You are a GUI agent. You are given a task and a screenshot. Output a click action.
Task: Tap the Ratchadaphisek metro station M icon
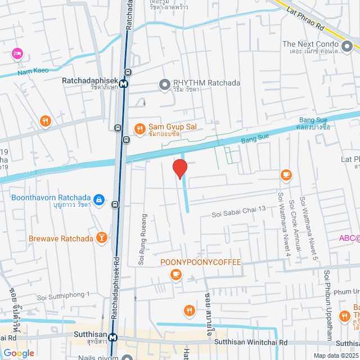(123, 84)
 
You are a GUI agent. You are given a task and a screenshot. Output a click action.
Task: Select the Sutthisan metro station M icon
(113, 337)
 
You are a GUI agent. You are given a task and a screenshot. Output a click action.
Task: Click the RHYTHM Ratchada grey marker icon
(164, 84)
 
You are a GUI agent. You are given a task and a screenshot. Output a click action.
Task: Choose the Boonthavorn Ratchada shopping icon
(98, 199)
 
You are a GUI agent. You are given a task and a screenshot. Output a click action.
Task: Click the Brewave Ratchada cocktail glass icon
(101, 238)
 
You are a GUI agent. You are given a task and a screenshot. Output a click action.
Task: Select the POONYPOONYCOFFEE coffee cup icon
(176, 274)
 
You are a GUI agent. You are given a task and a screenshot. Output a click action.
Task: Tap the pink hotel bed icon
(16, 53)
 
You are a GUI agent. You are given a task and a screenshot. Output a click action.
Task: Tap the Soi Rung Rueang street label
(142, 239)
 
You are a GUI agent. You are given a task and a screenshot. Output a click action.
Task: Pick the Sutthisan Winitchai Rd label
(251, 342)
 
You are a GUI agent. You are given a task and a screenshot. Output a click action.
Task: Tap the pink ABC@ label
(349, 238)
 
